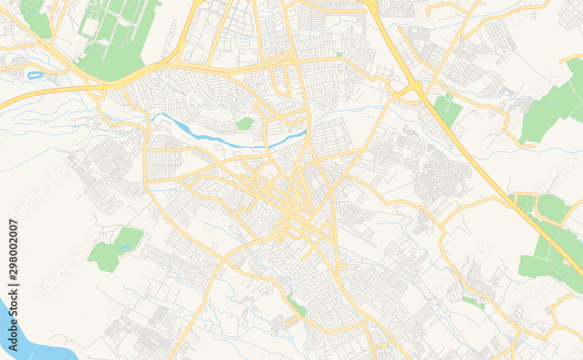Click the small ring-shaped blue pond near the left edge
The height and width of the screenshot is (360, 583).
35,75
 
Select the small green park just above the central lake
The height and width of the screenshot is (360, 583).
245,124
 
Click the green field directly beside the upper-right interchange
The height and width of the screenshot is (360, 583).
447,111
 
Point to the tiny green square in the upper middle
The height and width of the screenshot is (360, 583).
339,54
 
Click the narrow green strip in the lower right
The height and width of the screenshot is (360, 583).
473,302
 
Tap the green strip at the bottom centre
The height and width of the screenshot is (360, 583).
297,306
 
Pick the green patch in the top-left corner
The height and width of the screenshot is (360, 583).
35,18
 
